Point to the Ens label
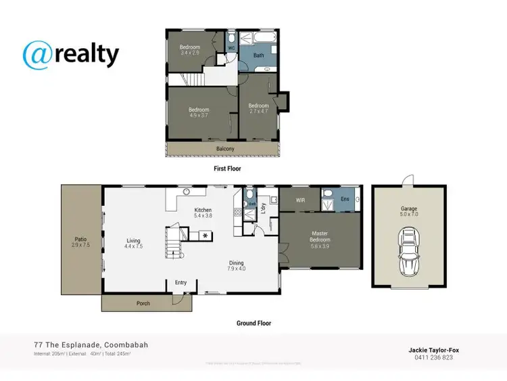tap(344, 199)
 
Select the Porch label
tap(143, 303)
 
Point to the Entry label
tap(180, 283)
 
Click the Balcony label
tap(225, 149)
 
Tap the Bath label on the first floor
tap(258, 55)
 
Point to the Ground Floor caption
tap(254, 323)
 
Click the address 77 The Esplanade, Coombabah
tap(91, 345)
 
